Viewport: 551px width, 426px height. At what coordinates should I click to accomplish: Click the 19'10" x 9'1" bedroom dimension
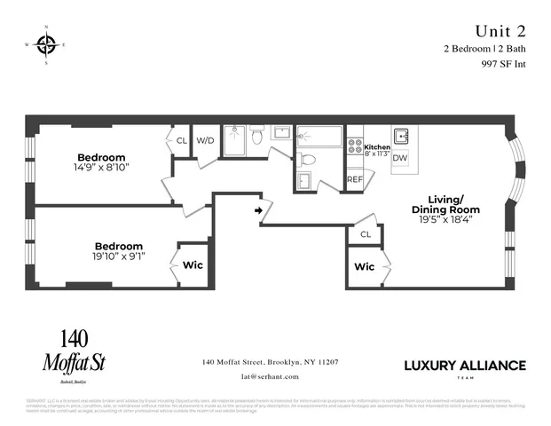click(119, 256)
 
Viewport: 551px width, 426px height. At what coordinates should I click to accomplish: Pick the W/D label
click(205, 140)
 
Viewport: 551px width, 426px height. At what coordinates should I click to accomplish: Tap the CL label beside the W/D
click(182, 140)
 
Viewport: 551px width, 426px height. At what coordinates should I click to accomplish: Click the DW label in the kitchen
click(400, 158)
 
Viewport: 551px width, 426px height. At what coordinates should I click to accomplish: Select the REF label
click(355, 179)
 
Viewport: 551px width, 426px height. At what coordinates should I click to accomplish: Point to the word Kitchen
click(377, 147)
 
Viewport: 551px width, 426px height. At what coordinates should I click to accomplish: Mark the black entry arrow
click(259, 210)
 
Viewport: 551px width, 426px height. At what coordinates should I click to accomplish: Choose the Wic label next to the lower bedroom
click(193, 265)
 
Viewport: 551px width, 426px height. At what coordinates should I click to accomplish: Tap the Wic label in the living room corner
click(363, 266)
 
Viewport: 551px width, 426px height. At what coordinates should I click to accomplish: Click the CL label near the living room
click(365, 234)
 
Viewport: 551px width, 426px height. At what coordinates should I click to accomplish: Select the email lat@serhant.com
click(270, 376)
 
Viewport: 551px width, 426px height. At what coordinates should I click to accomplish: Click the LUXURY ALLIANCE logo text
click(464, 366)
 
